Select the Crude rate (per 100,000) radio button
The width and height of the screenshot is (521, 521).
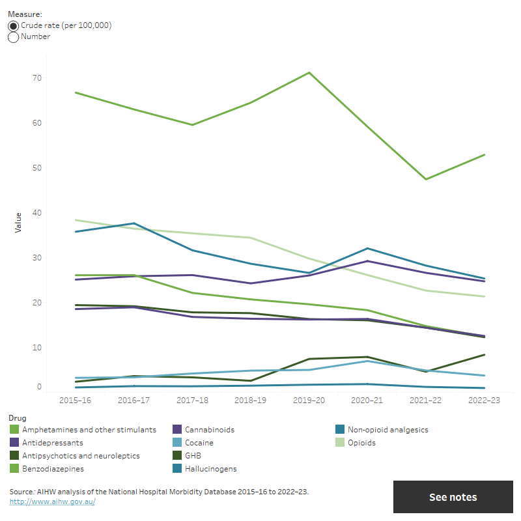click(x=14, y=25)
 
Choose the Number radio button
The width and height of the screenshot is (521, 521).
click(x=14, y=37)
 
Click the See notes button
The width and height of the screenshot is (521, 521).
click(x=453, y=497)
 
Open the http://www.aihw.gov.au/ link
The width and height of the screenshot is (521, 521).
click(x=52, y=502)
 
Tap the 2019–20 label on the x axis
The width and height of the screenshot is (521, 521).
click(x=309, y=401)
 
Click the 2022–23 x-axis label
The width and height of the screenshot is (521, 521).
click(x=483, y=401)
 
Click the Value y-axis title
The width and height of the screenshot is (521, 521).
click(x=18, y=222)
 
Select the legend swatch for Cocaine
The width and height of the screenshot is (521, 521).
click(x=177, y=443)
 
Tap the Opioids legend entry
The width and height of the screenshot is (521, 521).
click(x=361, y=443)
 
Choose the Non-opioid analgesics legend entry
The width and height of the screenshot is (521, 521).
click(x=388, y=430)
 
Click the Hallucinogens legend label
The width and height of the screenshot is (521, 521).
click(x=211, y=469)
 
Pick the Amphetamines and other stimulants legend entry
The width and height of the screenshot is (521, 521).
click(x=89, y=430)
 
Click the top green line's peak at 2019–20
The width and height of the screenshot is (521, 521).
click(x=309, y=72)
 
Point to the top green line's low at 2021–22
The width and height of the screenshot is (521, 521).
click(x=425, y=179)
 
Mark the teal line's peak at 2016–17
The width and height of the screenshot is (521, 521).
click(x=134, y=223)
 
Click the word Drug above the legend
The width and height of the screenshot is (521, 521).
click(x=18, y=417)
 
